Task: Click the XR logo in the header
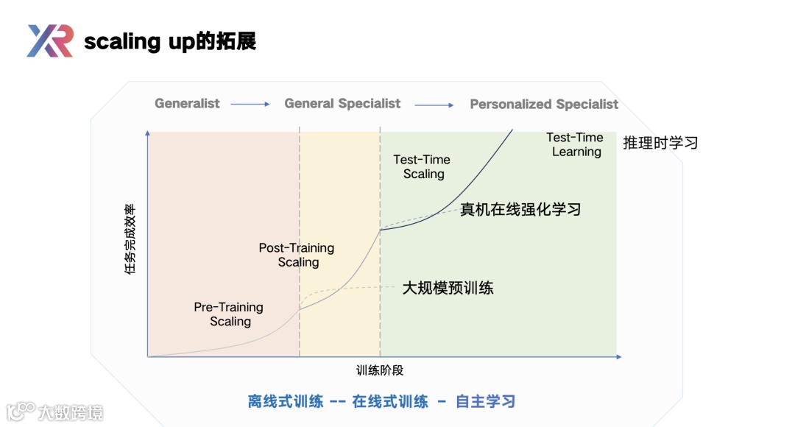coord(49,40)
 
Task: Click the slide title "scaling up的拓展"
coord(170,41)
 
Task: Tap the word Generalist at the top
coord(187,104)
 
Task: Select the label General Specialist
coord(342,104)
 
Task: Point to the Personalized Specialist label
coord(544,105)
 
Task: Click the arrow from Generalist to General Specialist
coord(250,105)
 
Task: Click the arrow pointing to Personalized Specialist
coord(434,105)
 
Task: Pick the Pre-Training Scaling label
coord(229,314)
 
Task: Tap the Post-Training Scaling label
coord(297,255)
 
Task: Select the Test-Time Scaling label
coord(422,166)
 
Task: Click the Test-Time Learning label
coord(575,144)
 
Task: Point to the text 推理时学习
coord(660,143)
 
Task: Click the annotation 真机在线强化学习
coord(520,210)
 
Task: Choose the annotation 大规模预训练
coord(448,288)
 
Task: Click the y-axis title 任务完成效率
coord(130,240)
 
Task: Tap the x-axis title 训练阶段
coord(380,370)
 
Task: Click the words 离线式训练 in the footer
coord(286,401)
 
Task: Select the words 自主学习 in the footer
coord(485,401)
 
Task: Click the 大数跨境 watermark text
coord(71,412)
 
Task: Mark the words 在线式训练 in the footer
coord(390,401)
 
